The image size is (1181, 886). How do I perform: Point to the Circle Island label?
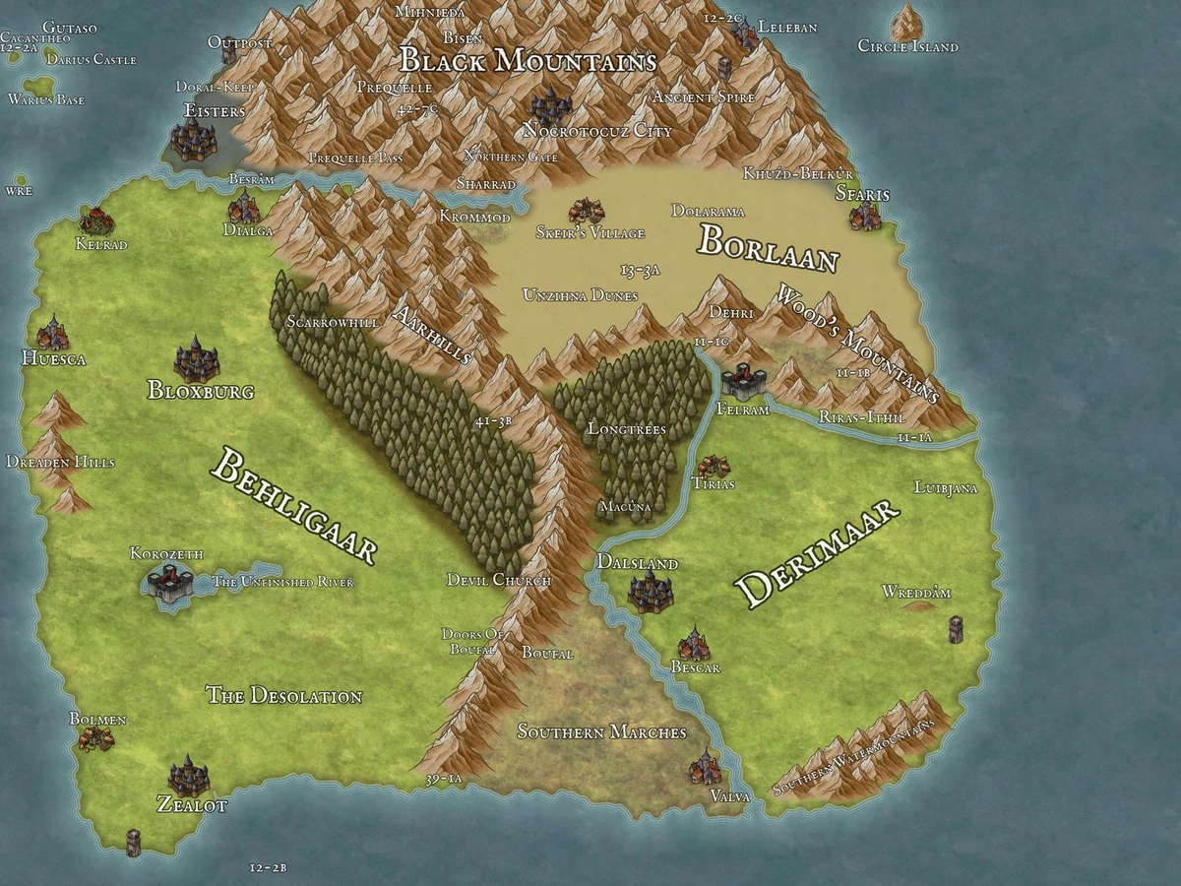click(x=907, y=46)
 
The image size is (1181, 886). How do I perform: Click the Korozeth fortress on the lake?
click(x=168, y=585)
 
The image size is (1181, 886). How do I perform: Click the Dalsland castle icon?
click(x=650, y=591)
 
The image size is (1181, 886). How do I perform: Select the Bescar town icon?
click(x=695, y=644)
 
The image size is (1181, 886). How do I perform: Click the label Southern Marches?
click(x=601, y=732)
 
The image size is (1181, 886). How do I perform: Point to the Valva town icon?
click(x=705, y=767)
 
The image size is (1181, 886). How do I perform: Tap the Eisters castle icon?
click(x=194, y=140)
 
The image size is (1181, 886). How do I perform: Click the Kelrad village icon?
click(x=96, y=220)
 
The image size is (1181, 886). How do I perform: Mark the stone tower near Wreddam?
click(x=955, y=629)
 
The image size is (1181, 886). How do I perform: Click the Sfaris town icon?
click(x=865, y=217)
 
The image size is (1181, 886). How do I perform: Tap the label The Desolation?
click(x=283, y=696)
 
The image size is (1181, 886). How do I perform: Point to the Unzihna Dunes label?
click(x=580, y=295)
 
